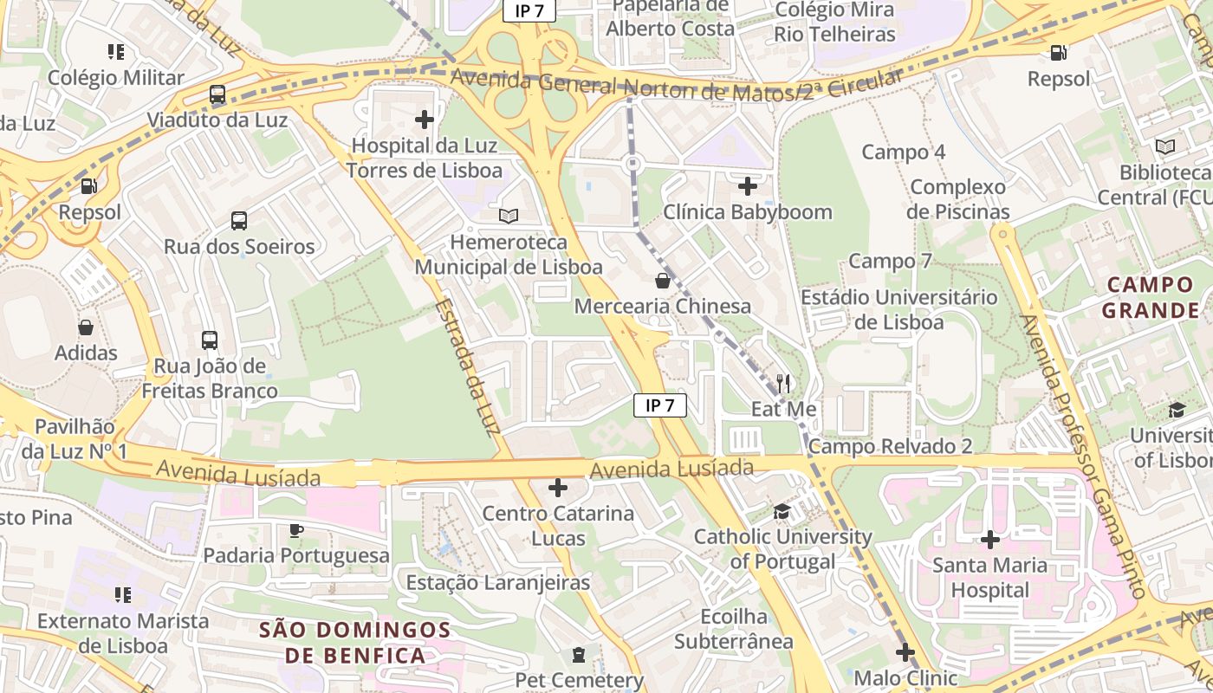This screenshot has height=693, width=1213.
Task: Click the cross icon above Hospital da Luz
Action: [425, 119]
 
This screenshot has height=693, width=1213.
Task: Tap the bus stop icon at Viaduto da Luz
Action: [217, 94]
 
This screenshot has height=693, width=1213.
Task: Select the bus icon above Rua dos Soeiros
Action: [239, 221]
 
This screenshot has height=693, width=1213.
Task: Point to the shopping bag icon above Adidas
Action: [86, 327]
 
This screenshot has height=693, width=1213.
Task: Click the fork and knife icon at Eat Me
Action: [783, 383]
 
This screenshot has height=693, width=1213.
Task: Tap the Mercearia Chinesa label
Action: [663, 306]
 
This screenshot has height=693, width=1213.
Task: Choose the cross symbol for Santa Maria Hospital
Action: [989, 540]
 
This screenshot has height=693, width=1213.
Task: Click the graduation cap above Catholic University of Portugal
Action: [782, 511]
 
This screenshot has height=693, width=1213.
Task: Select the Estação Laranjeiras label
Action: [498, 582]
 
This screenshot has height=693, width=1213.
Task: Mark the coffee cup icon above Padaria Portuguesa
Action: [296, 530]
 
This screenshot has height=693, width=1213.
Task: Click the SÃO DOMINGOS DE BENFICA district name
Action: [355, 642]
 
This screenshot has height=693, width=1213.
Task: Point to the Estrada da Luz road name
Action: [472, 367]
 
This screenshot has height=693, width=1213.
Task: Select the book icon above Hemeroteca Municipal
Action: [509, 216]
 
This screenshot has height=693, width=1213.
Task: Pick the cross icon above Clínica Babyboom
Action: [748, 185]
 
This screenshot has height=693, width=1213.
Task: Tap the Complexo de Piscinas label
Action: [958, 199]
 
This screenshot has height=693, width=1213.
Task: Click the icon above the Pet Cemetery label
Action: [579, 655]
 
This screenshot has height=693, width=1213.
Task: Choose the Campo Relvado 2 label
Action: [891, 446]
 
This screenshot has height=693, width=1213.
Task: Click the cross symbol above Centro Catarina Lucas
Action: [558, 488]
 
